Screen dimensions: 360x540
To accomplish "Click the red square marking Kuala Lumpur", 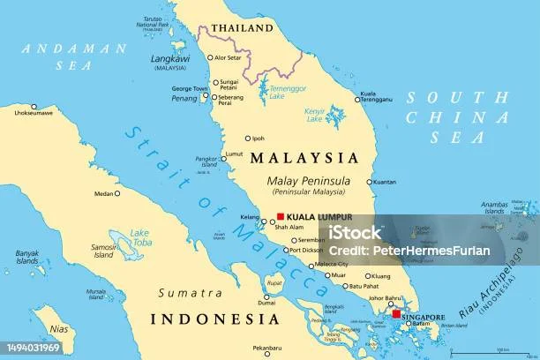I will point(281,216).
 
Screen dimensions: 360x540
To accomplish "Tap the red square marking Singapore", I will point(396,314).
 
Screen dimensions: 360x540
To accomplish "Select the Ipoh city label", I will point(258,139).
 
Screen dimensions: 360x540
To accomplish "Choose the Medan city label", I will point(103,193).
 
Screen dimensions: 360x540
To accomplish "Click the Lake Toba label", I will point(140,236).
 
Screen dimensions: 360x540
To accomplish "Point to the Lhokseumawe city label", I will point(27,113).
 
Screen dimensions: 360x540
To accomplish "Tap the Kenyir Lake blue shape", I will point(336,116).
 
